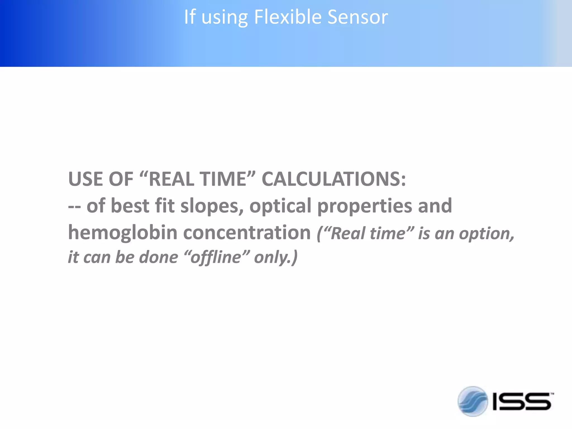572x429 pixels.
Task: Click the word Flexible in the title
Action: point(288,17)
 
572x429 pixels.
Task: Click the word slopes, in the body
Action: point(212,206)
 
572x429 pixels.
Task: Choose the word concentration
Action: point(247,233)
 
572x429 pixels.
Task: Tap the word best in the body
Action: point(130,206)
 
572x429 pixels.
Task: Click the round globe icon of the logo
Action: point(473,401)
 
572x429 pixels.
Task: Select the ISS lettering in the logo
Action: point(522,402)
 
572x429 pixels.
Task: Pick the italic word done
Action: point(158,257)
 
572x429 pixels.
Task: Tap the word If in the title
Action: point(190,17)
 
